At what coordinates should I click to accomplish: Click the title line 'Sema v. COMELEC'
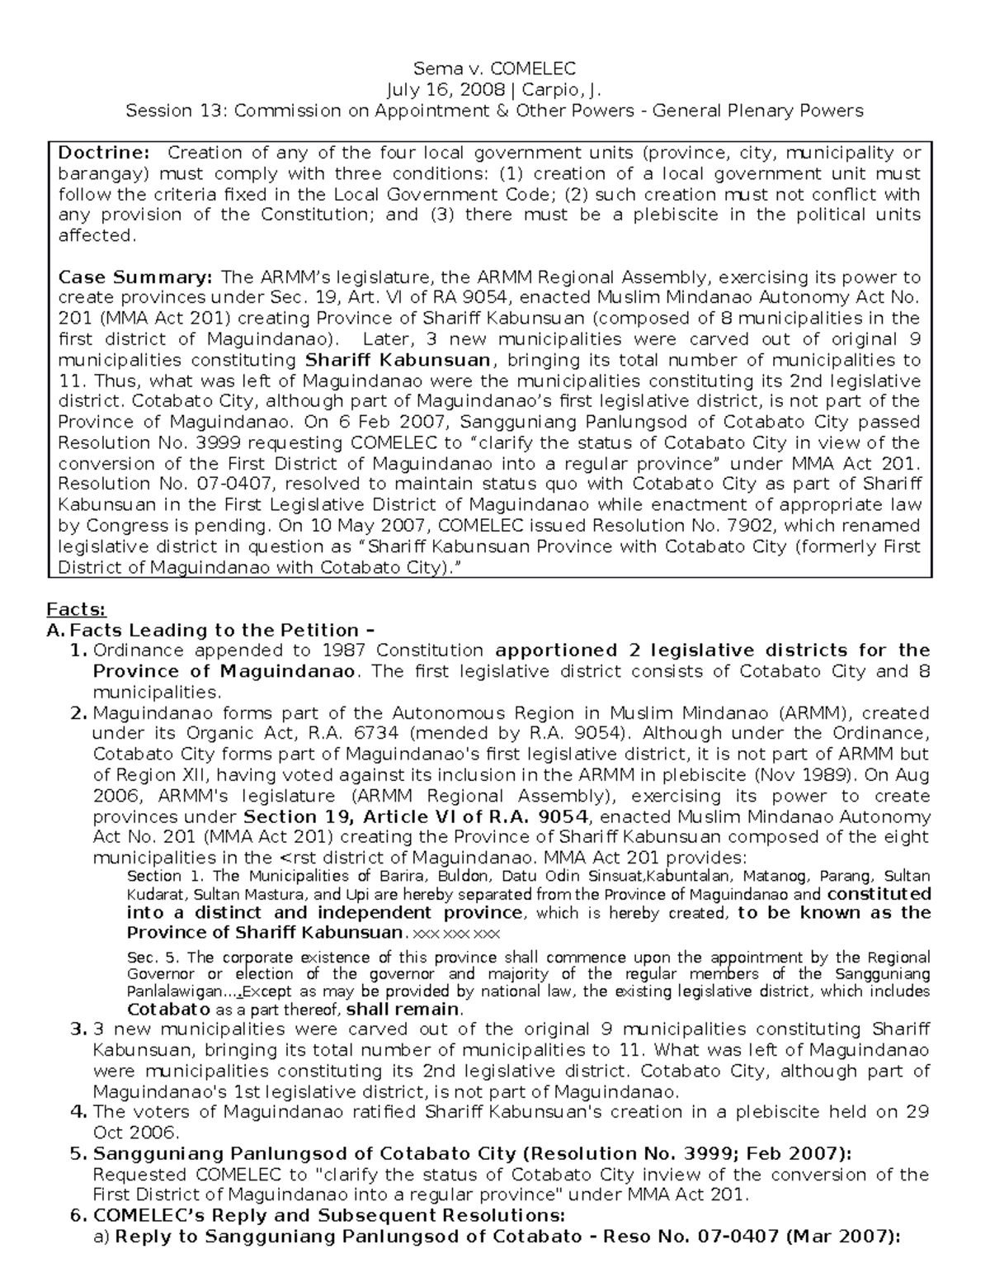(494, 69)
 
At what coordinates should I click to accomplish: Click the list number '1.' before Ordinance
(79, 650)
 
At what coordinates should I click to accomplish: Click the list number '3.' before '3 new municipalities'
(79, 1029)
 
